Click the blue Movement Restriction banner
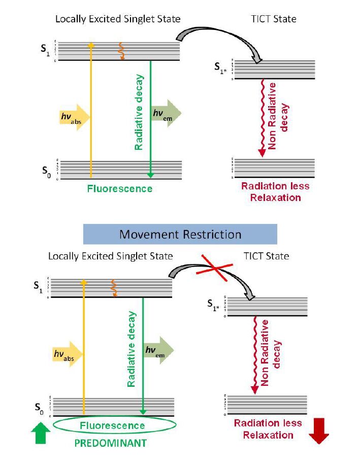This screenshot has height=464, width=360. point(180,234)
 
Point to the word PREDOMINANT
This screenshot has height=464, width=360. point(111,443)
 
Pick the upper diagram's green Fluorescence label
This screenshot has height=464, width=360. point(119,189)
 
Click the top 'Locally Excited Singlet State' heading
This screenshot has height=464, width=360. point(118,19)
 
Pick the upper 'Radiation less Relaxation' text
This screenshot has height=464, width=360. point(275,191)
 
